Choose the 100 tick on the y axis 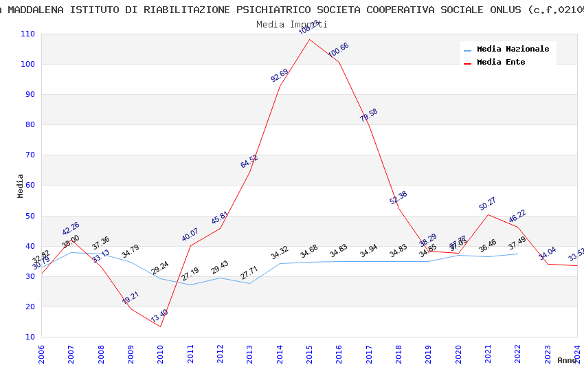pyautogui.click(x=28, y=65)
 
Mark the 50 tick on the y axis pyautogui.click(x=30, y=216)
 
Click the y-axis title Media pyautogui.click(x=21, y=186)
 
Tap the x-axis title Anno pyautogui.click(x=567, y=360)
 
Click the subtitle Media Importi pyautogui.click(x=291, y=24)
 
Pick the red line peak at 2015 pyautogui.click(x=309, y=39)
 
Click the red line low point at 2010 pyautogui.click(x=161, y=326)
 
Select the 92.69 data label pyautogui.click(x=280, y=76)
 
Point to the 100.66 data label pyautogui.click(x=338, y=50)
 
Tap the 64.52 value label pyautogui.click(x=249, y=162)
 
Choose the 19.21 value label pyautogui.click(x=131, y=298)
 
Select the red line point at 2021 pyautogui.click(x=488, y=214)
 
